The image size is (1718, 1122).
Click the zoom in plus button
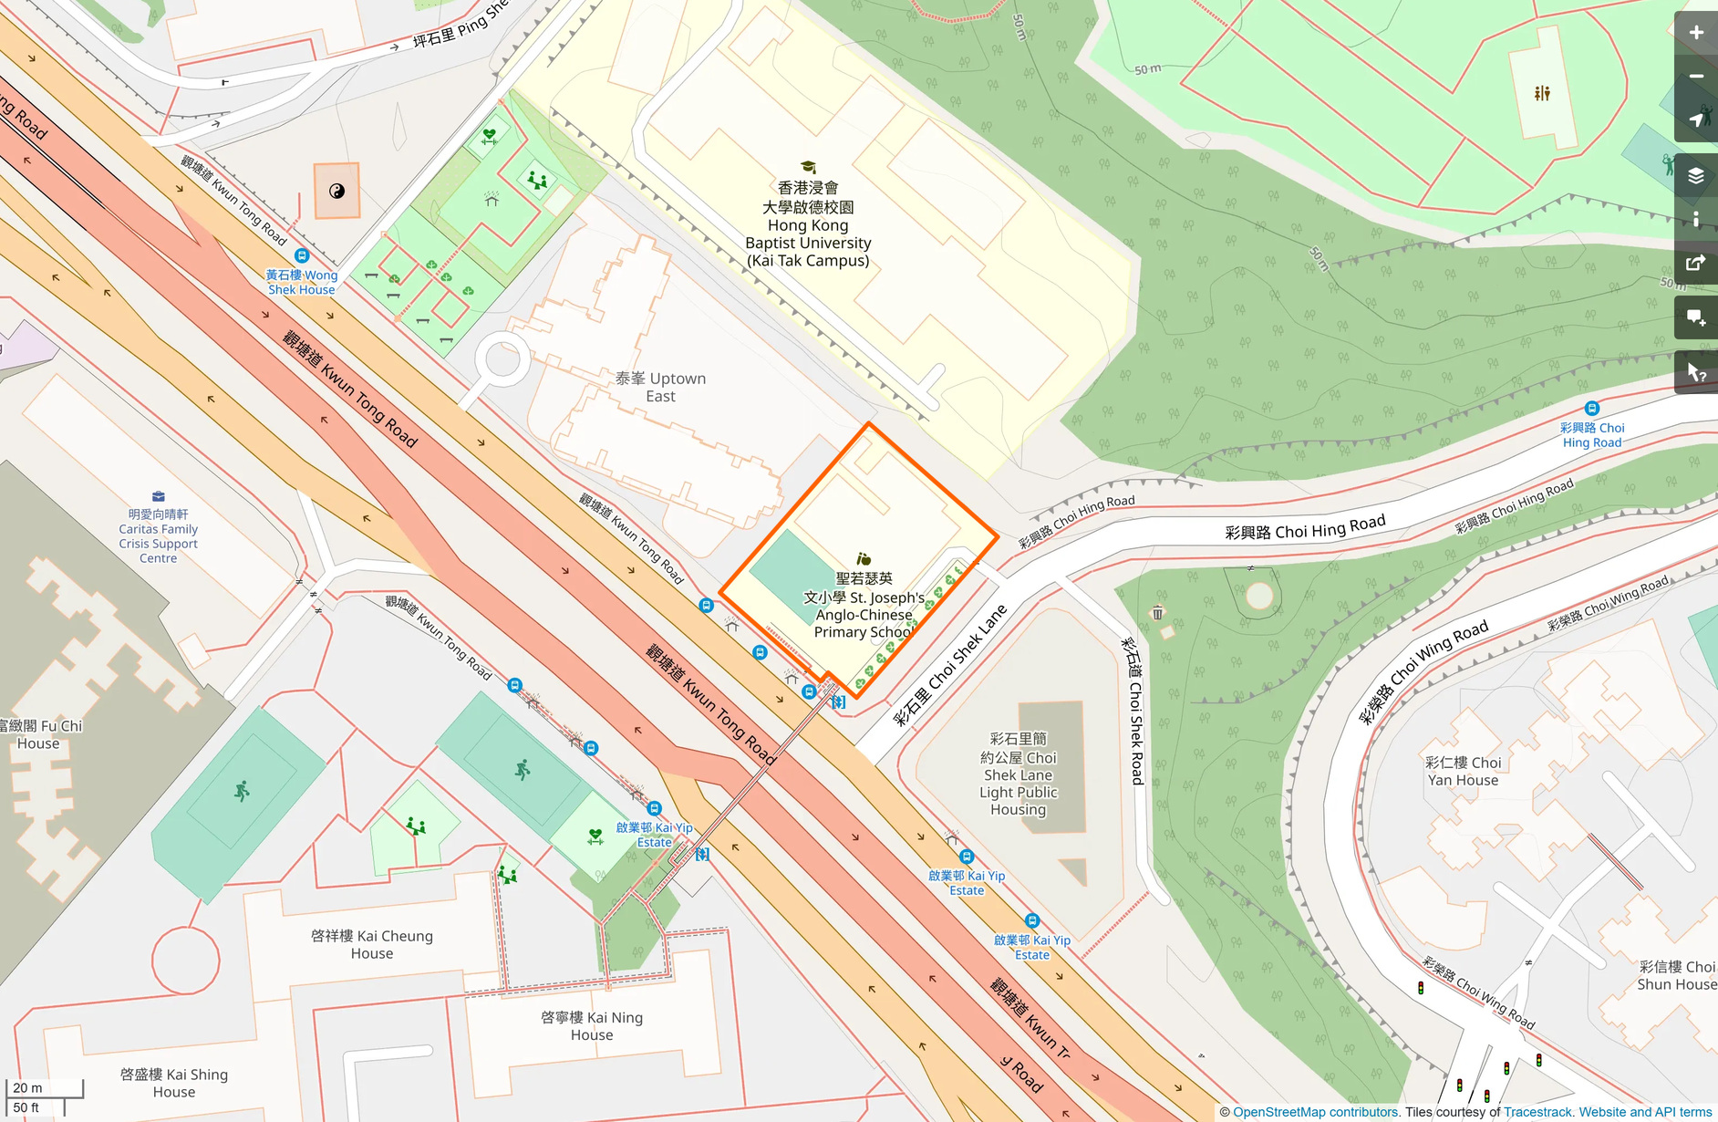pyautogui.click(x=1695, y=33)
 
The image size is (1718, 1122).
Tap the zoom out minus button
pyautogui.click(x=1695, y=77)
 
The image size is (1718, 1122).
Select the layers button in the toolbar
pyautogui.click(x=1695, y=175)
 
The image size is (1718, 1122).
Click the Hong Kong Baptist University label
pyautogui.click(x=808, y=225)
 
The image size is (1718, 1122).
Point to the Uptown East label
pyautogui.click(x=660, y=387)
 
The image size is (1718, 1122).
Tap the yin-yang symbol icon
pyautogui.click(x=336, y=191)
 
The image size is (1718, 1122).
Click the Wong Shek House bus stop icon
pyautogui.click(x=302, y=256)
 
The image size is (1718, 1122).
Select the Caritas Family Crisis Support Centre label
pyautogui.click(x=158, y=535)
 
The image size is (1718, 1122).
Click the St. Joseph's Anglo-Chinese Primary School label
pyautogui.click(x=864, y=606)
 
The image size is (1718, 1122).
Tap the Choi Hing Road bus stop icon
pyautogui.click(x=1592, y=409)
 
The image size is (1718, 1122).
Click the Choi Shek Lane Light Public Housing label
pyautogui.click(x=1018, y=774)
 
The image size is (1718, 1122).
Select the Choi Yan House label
pyautogui.click(x=1463, y=771)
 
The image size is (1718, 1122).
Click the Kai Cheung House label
pyautogui.click(x=372, y=944)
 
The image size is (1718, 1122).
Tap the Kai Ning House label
pyautogui.click(x=592, y=1025)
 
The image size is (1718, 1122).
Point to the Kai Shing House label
pyautogui.click(x=174, y=1083)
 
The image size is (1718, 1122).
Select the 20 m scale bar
pyautogui.click(x=44, y=1088)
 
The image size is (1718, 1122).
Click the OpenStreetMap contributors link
pyautogui.click(x=1315, y=1112)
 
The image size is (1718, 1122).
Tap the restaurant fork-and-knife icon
pyautogui.click(x=1542, y=93)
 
